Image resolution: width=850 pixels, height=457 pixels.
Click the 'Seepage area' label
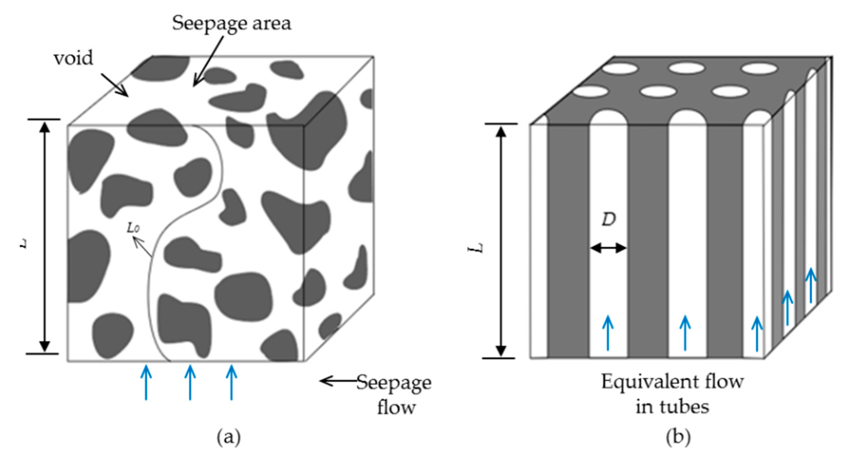[232, 24]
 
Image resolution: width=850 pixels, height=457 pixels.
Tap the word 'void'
[73, 58]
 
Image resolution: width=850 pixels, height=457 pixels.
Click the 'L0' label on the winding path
[133, 228]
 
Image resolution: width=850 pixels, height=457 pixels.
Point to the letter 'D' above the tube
[609, 219]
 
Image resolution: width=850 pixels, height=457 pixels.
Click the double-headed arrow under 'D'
[608, 248]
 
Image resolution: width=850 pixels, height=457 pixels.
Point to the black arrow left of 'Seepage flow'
[337, 381]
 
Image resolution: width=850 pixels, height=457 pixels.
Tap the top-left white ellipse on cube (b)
[620, 68]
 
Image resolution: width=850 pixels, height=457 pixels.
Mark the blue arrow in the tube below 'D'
[608, 333]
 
